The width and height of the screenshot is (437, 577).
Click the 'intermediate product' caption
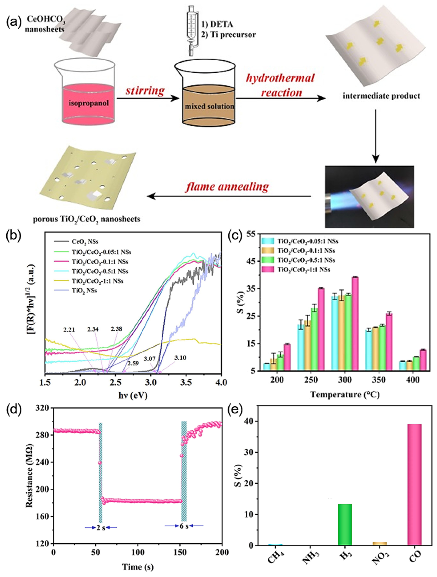click(381, 96)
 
